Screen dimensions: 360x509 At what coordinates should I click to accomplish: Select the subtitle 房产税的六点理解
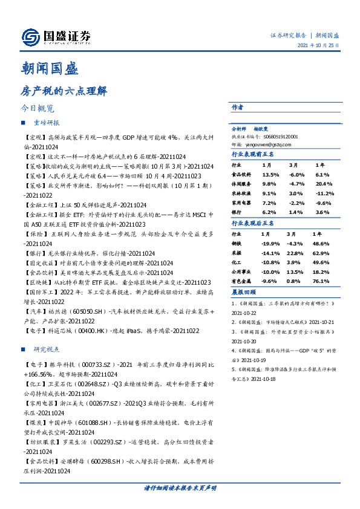click(x=64, y=91)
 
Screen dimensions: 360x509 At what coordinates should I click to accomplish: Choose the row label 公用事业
click(x=243, y=271)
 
